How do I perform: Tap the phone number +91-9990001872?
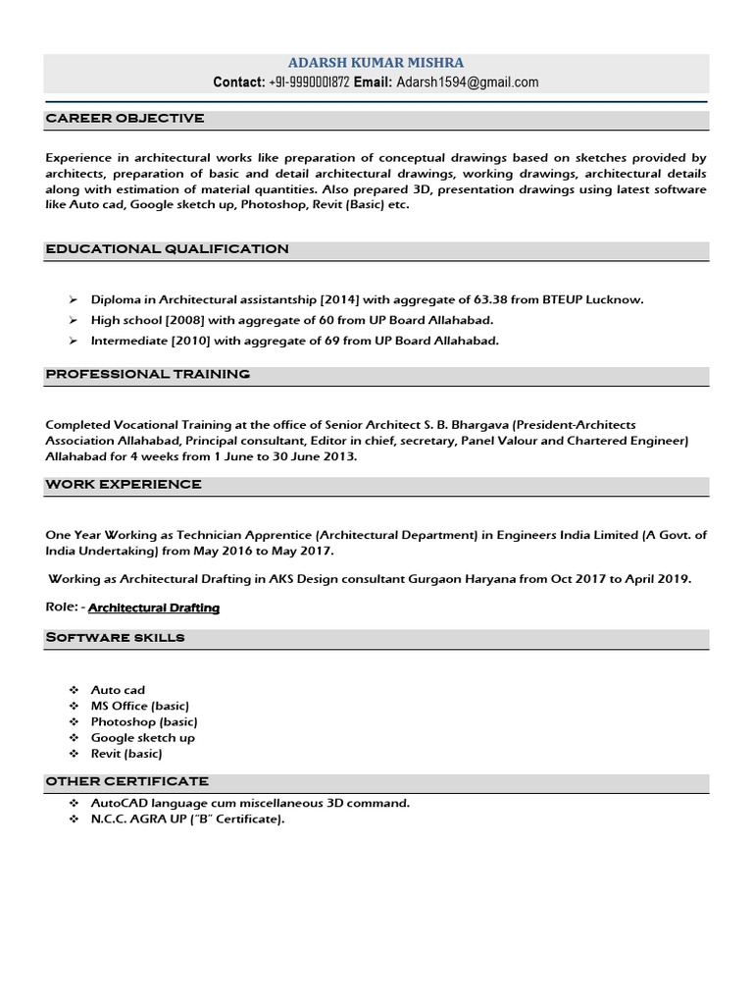[308, 82]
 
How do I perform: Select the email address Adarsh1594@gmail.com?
[467, 82]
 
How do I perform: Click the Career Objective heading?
[125, 119]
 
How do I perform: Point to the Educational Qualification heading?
[167, 249]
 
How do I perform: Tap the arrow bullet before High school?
[74, 321]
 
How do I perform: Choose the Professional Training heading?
[147, 374]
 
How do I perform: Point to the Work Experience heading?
[124, 485]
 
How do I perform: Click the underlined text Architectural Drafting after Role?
[154, 608]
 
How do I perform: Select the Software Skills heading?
[115, 638]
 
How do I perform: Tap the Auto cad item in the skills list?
[118, 690]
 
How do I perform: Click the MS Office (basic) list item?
[140, 706]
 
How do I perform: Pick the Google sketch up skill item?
[143, 738]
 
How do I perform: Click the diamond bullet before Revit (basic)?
[74, 754]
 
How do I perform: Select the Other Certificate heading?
[126, 781]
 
